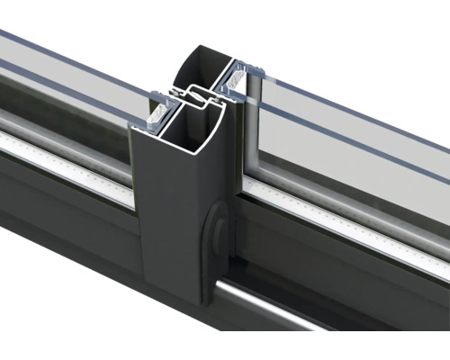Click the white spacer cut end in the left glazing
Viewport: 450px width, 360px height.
click(157, 112)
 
